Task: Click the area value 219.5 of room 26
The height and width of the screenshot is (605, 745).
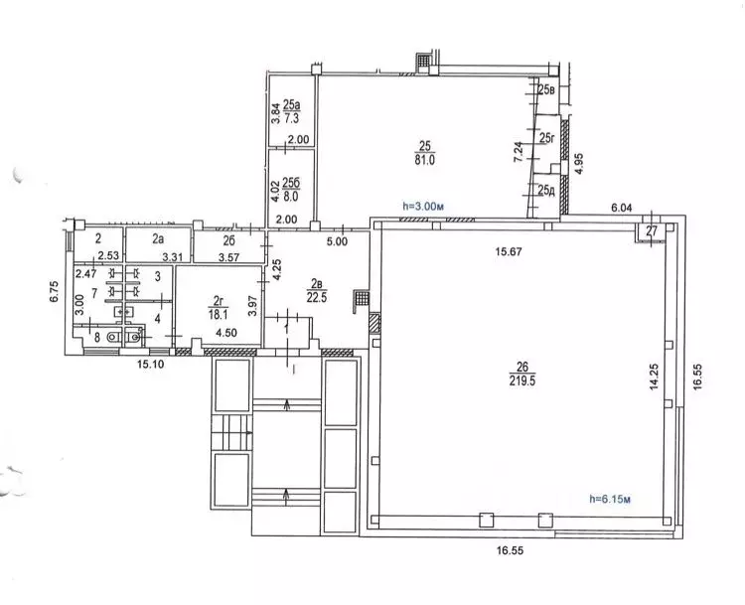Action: (x=522, y=380)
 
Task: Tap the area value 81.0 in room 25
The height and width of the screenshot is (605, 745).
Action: (x=425, y=160)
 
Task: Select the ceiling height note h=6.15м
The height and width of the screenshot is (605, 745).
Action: (x=610, y=499)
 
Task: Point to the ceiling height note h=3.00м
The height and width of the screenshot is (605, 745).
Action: (x=423, y=207)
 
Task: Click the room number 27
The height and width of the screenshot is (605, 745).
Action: (x=652, y=231)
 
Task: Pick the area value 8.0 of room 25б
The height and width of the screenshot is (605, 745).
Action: (x=291, y=196)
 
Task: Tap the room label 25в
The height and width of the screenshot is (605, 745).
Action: (x=547, y=88)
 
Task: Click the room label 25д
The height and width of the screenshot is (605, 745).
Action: (x=547, y=191)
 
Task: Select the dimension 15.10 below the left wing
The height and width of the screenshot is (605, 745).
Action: (x=151, y=365)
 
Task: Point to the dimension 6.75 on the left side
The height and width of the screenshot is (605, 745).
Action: (x=56, y=291)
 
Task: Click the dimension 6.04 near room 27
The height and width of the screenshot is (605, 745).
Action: (x=622, y=208)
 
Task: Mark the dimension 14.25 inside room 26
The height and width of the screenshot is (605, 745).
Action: (x=655, y=377)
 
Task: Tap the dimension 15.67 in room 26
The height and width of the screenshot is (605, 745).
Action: (x=509, y=251)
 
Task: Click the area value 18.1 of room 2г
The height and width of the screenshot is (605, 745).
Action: (x=219, y=314)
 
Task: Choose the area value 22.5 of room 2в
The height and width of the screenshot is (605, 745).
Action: (x=318, y=297)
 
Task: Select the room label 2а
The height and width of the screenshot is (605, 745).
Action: (x=158, y=239)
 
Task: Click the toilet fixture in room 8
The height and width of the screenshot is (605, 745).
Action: (x=112, y=337)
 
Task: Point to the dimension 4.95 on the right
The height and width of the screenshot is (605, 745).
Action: (x=580, y=164)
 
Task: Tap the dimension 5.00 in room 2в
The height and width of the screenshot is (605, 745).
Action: (x=337, y=241)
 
